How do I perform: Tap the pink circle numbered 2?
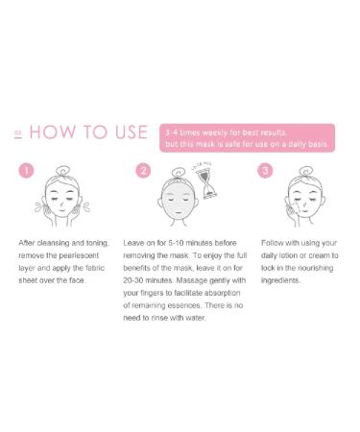[144, 171]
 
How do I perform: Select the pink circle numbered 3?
[266, 171]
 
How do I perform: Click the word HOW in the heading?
[54, 132]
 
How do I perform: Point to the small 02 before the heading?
[18, 135]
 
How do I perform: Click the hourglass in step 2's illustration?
[202, 183]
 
